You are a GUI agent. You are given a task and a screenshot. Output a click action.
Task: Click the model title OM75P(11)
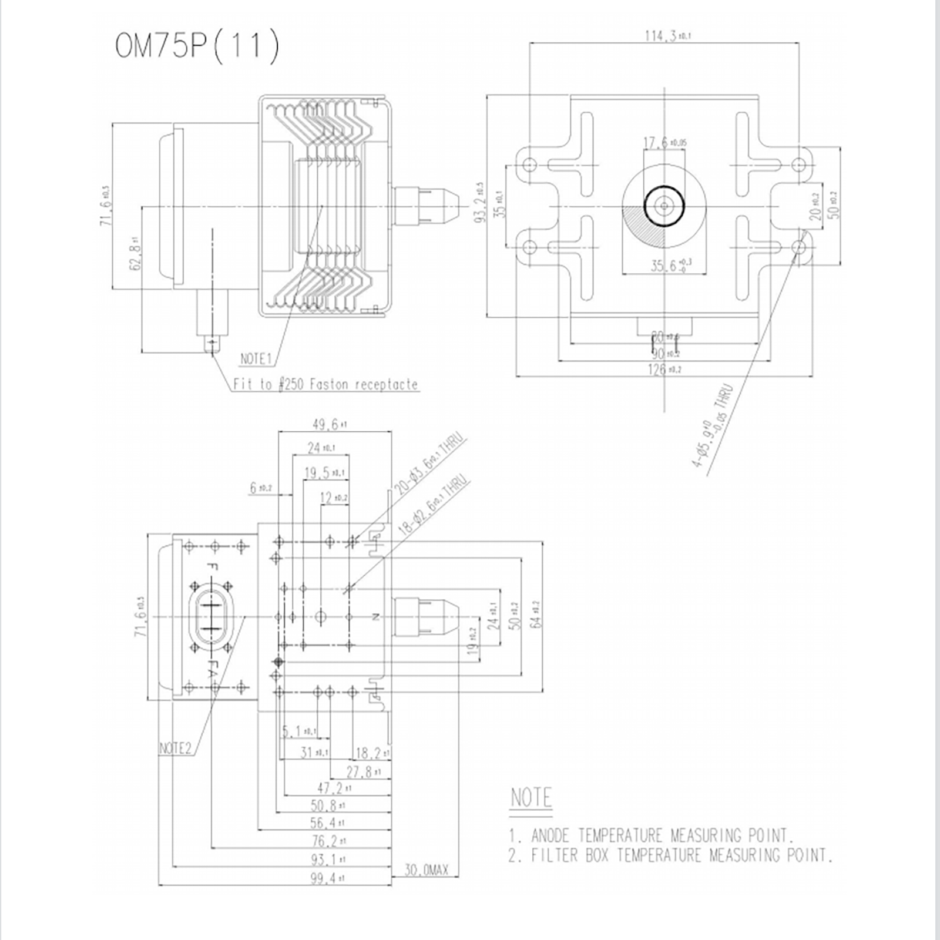click(197, 46)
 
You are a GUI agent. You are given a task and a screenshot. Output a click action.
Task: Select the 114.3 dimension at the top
click(667, 36)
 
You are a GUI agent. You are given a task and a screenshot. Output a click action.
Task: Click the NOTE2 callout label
click(175, 748)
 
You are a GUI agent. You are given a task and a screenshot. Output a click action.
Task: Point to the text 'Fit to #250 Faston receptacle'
click(325, 385)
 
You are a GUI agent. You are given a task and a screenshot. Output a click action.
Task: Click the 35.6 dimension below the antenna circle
click(670, 266)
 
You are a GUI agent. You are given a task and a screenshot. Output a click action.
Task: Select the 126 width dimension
click(664, 369)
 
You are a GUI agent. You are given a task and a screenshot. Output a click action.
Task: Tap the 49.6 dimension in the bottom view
click(329, 424)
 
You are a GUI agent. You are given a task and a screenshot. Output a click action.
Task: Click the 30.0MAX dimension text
click(426, 870)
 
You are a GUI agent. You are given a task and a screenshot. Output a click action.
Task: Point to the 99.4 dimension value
click(327, 879)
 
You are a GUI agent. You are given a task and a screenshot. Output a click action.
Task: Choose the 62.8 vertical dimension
click(136, 253)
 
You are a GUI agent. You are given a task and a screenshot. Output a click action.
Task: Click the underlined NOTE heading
click(531, 798)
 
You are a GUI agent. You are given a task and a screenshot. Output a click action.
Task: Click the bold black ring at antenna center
click(664, 206)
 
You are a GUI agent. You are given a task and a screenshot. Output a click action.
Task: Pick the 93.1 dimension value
click(327, 860)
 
